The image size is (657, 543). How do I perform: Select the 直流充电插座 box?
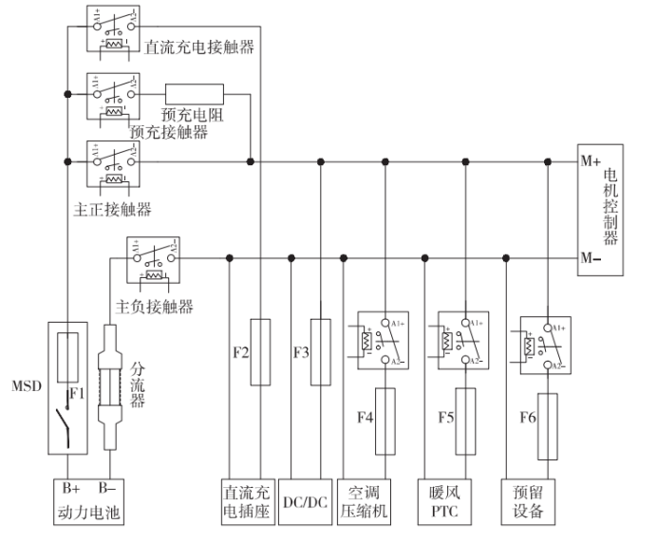[x=247, y=501]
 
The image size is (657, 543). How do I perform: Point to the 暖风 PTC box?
[x=445, y=501]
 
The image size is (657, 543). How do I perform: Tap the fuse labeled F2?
[x=259, y=352]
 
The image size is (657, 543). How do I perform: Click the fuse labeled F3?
[x=322, y=352]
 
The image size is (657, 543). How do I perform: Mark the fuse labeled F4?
[x=385, y=420]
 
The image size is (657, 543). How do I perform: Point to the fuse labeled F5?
[x=466, y=420]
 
